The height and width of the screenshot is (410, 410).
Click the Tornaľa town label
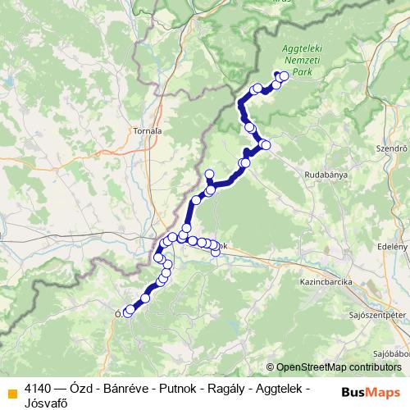(x=147, y=130)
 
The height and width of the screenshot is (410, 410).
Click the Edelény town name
(x=392, y=246)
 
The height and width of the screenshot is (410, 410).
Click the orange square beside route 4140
(x=11, y=390)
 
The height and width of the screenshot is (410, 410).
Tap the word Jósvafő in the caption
(x=46, y=403)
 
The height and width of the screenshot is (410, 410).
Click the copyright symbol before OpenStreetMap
(x=271, y=367)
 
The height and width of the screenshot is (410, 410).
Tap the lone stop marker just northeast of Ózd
(x=145, y=299)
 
